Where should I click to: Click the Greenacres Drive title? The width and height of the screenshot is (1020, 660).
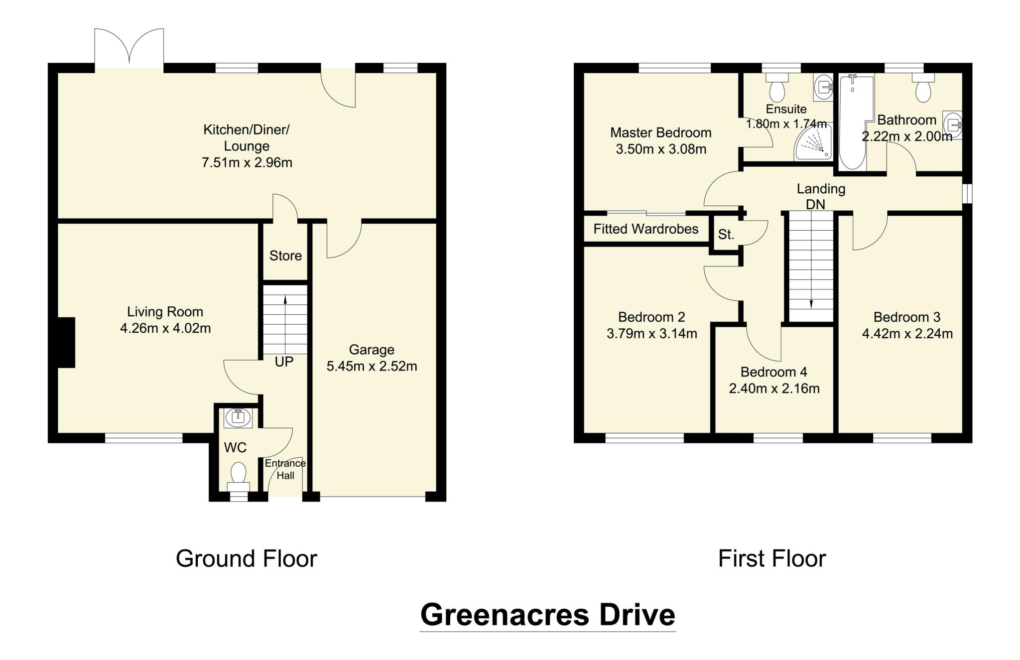coord(547,615)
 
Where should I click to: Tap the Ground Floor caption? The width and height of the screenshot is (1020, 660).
coord(246,559)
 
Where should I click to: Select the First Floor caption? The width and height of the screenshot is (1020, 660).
coord(771,559)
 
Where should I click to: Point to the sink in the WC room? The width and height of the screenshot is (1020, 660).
coord(238,417)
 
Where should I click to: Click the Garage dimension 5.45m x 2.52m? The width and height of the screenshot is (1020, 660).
coord(372,367)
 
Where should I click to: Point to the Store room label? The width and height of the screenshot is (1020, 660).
coord(285,256)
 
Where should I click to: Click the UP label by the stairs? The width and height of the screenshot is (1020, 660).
coord(284,362)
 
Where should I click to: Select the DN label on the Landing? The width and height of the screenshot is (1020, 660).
coord(815,205)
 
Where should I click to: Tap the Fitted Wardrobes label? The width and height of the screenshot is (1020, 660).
coord(645,229)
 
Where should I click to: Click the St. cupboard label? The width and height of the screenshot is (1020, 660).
coord(726,235)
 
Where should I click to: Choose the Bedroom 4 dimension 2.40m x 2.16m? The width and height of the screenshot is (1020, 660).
coord(774,389)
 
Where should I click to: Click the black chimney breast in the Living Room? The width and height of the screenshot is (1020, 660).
coord(66,343)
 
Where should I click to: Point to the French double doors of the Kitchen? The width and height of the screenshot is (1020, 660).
coord(129,47)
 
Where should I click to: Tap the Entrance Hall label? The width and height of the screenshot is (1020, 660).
coord(285,469)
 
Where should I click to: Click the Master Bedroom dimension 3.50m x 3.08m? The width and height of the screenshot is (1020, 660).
coord(661,149)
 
